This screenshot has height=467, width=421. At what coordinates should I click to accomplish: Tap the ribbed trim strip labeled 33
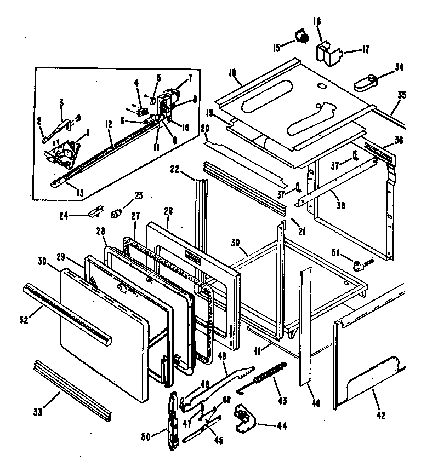tap(73, 385)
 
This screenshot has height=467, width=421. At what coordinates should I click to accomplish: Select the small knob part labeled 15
tap(301, 36)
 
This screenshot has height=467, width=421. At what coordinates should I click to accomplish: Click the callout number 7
tap(190, 77)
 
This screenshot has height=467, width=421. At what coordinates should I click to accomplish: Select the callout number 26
tap(168, 210)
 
